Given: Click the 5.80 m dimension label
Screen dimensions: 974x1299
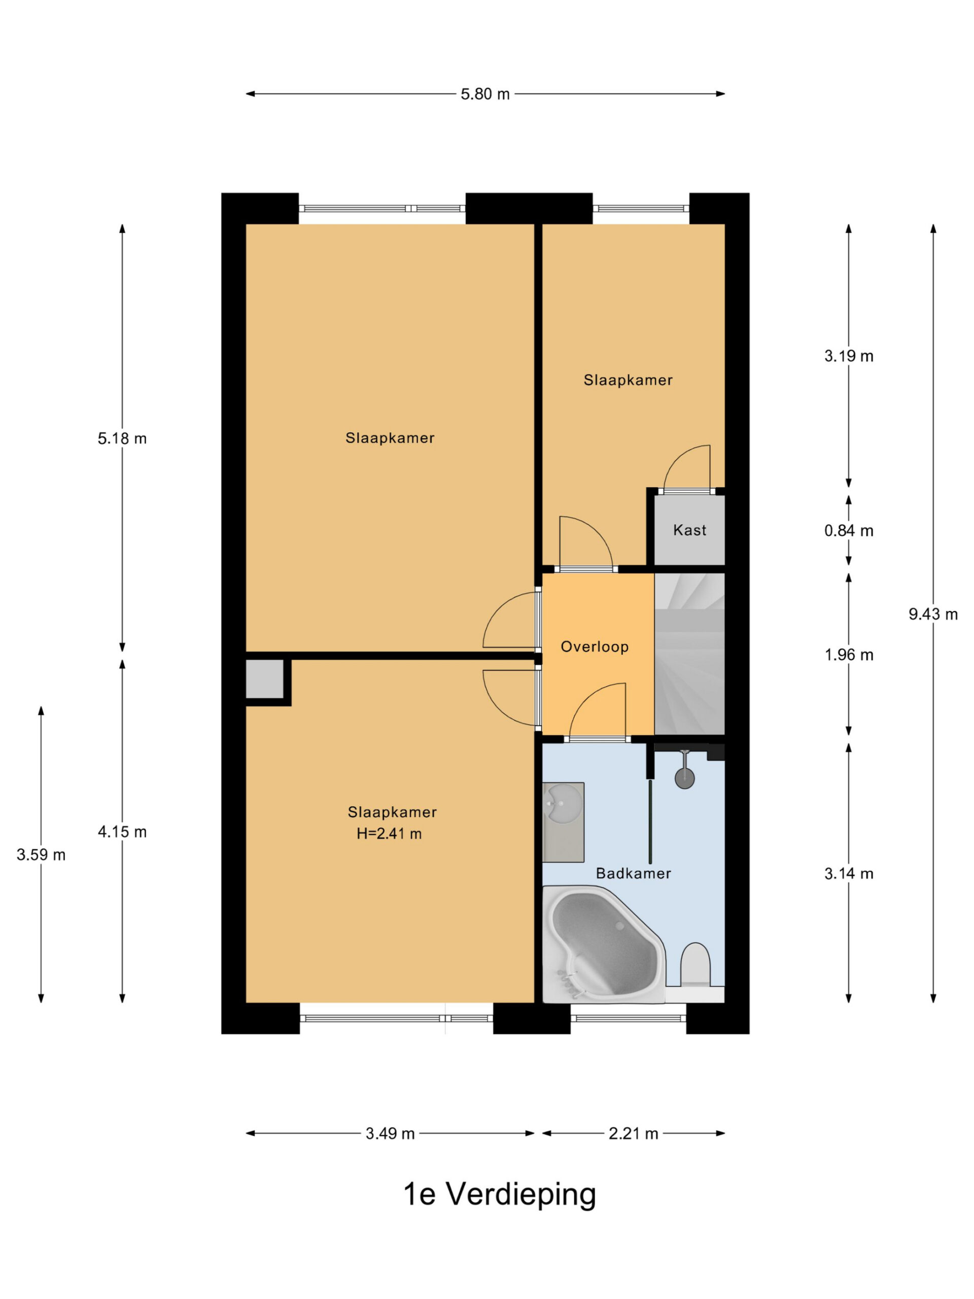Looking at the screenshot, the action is [485, 94].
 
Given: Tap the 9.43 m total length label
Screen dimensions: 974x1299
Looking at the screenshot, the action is [933, 614].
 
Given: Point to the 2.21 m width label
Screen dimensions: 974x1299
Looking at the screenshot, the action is [633, 1134].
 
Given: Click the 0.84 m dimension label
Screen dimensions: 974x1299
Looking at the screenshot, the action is [849, 531].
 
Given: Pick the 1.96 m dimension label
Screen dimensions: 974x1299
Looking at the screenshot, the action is [849, 655].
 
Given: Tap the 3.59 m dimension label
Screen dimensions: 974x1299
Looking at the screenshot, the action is [41, 855].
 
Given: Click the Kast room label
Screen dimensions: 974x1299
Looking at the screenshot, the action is [690, 530].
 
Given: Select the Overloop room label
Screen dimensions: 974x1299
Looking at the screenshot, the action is [595, 647].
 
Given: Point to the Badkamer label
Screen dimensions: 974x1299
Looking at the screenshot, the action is [634, 873].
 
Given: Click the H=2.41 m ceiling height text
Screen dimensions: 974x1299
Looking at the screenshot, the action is [389, 834].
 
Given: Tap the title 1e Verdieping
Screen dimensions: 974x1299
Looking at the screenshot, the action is [500, 1194].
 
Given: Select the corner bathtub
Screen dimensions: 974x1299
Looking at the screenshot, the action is [604, 944].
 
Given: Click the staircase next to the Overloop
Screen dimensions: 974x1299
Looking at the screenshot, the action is [689, 654].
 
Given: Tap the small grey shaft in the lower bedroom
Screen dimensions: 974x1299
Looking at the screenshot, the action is [265, 679].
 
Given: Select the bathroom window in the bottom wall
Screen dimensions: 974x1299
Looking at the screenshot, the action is [628, 1018].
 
